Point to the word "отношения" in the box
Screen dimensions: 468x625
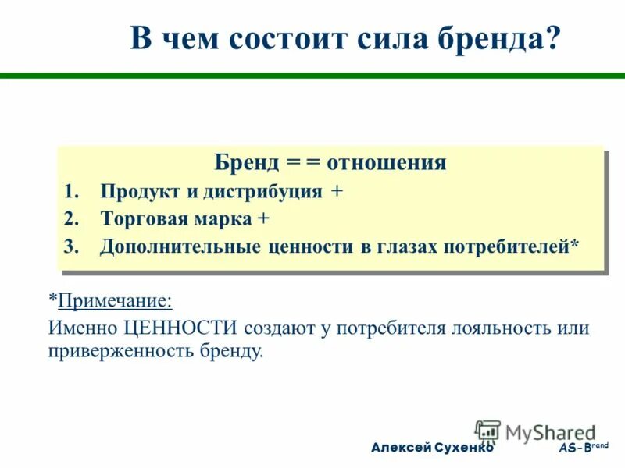pyautogui.click(x=386, y=162)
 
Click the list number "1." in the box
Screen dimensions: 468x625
pyautogui.click(x=72, y=192)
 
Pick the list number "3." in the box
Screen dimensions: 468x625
pyautogui.click(x=72, y=246)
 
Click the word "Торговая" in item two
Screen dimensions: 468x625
pyautogui.click(x=143, y=219)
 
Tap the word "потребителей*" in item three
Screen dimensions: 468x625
pyautogui.click(x=512, y=246)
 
